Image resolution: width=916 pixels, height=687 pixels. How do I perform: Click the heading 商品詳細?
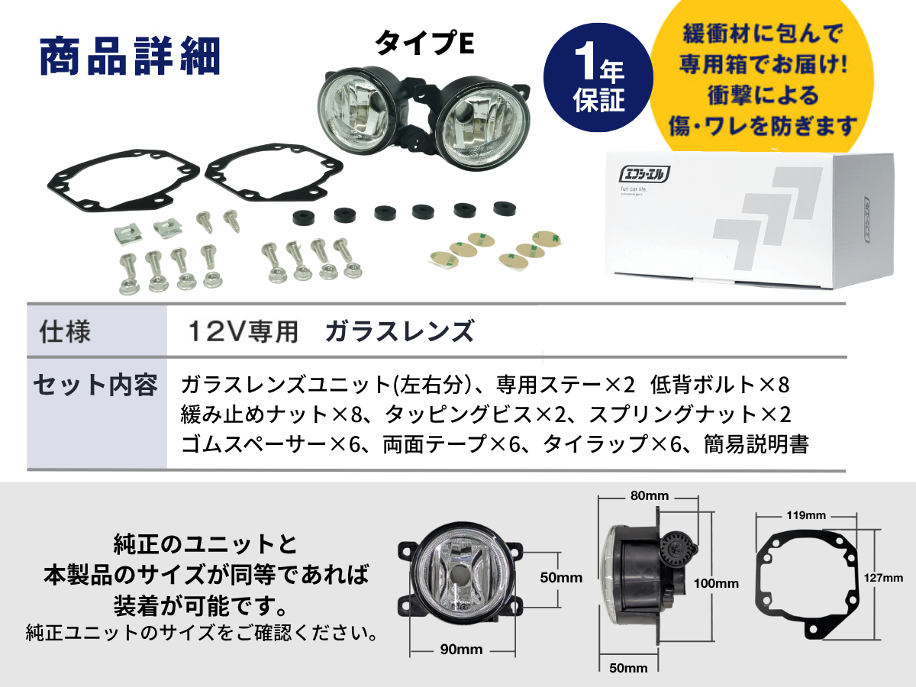click(131, 56)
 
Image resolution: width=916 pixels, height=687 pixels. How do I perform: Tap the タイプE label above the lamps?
click(425, 44)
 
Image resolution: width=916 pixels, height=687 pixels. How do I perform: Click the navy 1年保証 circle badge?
click(598, 78)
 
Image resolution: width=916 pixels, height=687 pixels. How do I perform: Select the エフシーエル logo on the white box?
click(644, 175)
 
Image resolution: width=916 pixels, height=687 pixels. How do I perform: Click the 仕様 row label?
click(65, 331)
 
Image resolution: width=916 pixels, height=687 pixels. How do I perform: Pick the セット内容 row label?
click(95, 385)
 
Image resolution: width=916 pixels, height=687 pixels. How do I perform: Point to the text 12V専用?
click(243, 331)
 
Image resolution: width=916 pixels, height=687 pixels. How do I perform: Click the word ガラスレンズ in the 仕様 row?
click(400, 331)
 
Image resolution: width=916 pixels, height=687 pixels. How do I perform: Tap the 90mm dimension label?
click(461, 650)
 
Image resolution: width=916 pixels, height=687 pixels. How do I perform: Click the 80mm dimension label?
click(650, 495)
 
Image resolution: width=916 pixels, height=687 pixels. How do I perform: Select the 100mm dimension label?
click(716, 583)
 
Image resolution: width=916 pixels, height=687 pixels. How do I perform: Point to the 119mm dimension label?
click(806, 515)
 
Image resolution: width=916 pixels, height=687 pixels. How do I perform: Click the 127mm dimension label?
click(883, 578)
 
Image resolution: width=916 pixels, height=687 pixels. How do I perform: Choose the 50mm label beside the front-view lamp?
click(561, 577)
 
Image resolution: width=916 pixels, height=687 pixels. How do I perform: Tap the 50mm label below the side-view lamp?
click(628, 668)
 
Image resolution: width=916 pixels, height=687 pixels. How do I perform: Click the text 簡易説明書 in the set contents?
click(756, 443)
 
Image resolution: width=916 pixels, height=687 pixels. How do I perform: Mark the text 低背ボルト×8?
click(720, 384)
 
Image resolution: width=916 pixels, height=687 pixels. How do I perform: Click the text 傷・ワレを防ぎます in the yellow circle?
click(763, 125)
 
